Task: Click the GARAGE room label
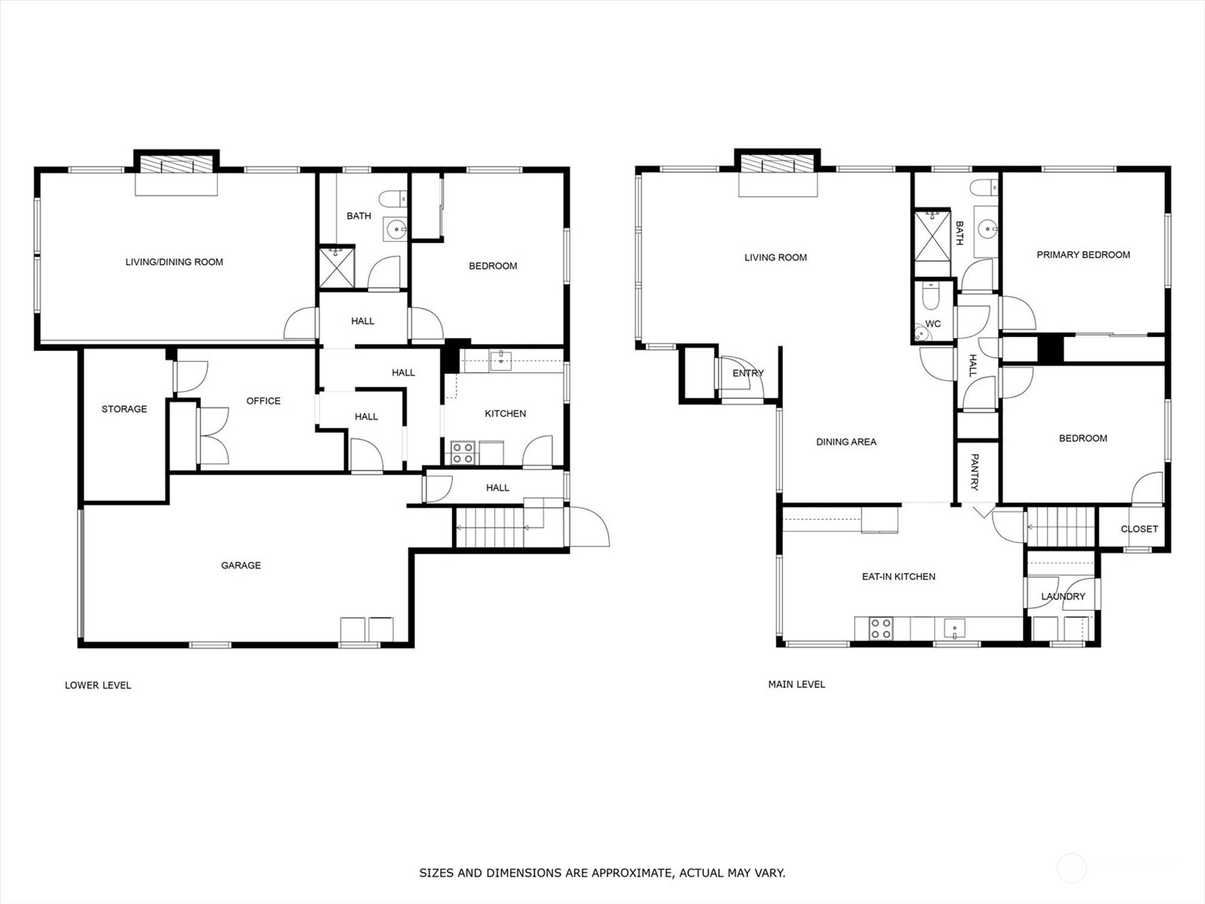click(240, 565)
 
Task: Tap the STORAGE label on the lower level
click(124, 409)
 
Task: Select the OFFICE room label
click(264, 401)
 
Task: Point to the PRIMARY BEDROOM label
click(1083, 255)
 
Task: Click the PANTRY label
click(975, 472)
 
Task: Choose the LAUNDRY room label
click(1063, 596)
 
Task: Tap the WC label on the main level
click(933, 324)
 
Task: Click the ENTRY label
click(749, 373)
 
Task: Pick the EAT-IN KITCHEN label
click(898, 576)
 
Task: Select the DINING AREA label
click(846, 442)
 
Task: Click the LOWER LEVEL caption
click(98, 685)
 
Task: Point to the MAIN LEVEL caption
click(797, 685)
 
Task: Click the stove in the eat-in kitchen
click(880, 628)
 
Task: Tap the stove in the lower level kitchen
click(462, 453)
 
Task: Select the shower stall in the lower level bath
click(337, 267)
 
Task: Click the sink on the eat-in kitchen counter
click(955, 628)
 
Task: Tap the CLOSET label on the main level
click(1139, 529)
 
